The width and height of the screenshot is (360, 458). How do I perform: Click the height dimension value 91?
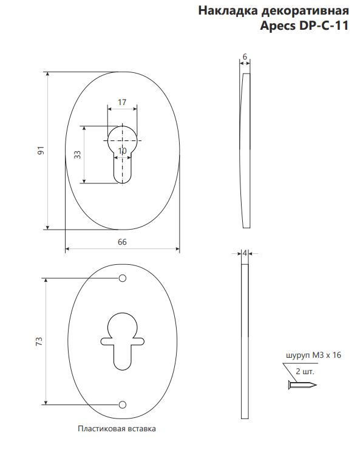pyautogui.click(x=41, y=151)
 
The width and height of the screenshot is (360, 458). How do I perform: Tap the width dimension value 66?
pyautogui.click(x=122, y=242)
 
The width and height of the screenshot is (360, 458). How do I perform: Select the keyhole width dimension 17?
pyautogui.click(x=122, y=102)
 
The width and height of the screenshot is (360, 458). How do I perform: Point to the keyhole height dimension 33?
pyautogui.click(x=77, y=154)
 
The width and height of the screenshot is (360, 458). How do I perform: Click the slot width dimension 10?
pyautogui.click(x=123, y=151)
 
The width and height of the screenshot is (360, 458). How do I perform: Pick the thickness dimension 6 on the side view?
pyautogui.click(x=245, y=56)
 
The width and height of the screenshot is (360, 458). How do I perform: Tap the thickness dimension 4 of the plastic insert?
pyautogui.click(x=245, y=253)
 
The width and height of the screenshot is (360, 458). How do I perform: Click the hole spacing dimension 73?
pyautogui.click(x=39, y=341)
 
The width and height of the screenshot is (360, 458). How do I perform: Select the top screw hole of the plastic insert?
pyautogui.click(x=123, y=278)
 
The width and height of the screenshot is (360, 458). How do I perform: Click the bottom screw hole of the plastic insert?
pyautogui.click(x=123, y=405)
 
